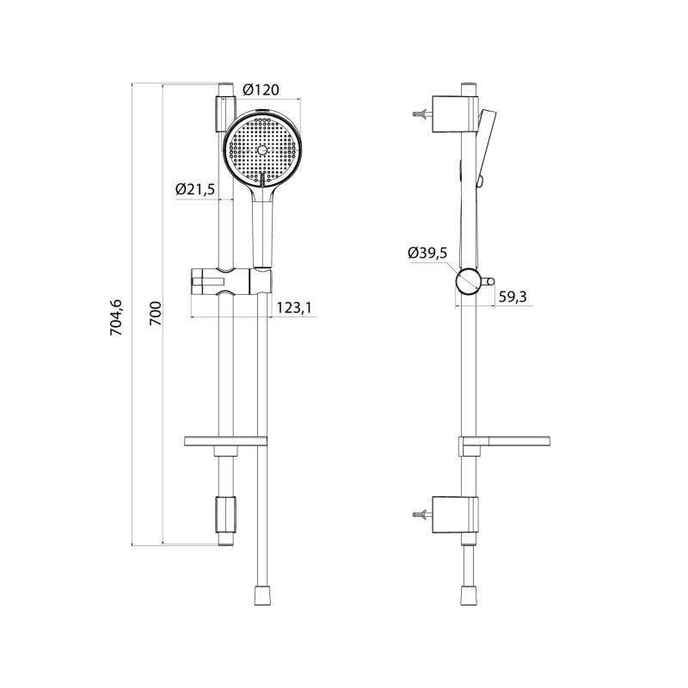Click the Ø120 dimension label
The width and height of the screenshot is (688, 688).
pyautogui.click(x=261, y=89)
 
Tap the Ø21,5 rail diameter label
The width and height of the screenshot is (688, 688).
pyautogui.click(x=195, y=189)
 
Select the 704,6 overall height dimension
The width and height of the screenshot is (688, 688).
pyautogui.click(x=117, y=317)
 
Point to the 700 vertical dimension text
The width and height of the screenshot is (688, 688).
pyautogui.click(x=156, y=313)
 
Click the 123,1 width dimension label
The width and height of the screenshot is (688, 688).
pyautogui.click(x=294, y=308)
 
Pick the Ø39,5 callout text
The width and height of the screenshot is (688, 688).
pyautogui.click(x=427, y=253)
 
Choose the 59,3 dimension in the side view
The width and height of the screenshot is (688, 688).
pyautogui.click(x=513, y=297)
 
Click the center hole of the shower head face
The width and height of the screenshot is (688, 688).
pyautogui.click(x=262, y=150)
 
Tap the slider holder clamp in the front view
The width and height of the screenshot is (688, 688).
pyautogui.click(x=231, y=281)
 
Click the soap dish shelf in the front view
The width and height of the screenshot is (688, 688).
pyautogui.click(x=225, y=441)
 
